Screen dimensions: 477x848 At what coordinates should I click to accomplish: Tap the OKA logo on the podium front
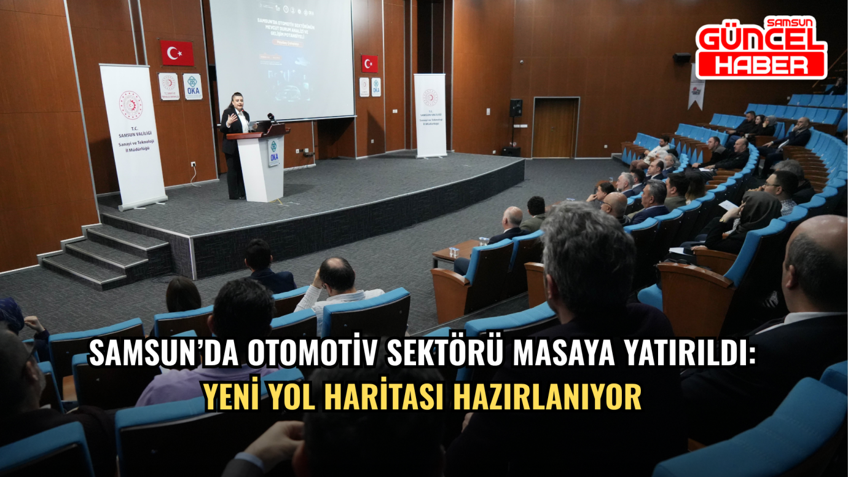point(273,152)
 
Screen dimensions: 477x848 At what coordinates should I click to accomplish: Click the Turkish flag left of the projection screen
point(176,53)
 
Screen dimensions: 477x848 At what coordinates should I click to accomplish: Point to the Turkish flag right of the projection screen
point(369,63)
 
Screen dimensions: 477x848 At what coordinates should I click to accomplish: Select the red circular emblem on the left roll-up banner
point(130,105)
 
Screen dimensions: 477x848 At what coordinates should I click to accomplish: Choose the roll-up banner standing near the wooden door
point(430,115)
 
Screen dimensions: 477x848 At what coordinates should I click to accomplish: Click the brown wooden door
point(555,128)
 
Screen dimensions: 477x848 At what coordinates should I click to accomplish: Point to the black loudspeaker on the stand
point(516,108)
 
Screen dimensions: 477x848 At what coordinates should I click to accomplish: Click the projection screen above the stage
point(283,58)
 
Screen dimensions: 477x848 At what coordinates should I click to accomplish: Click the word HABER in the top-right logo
point(760,65)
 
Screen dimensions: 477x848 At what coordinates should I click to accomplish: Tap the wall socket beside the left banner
point(193,165)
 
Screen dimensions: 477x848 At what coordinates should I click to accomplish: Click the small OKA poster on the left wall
point(192,87)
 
